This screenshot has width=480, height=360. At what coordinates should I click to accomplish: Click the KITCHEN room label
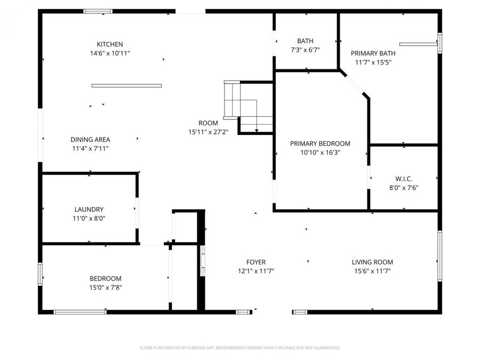pyautogui.click(x=110, y=44)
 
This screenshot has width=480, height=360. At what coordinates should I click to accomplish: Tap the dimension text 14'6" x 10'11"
pyautogui.click(x=110, y=53)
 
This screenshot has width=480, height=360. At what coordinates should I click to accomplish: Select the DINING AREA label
pyautogui.click(x=90, y=140)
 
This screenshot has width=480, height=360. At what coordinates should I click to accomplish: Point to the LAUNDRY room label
pyautogui.click(x=89, y=210)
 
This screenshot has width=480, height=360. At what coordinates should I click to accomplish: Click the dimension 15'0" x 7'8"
pyautogui.click(x=105, y=287)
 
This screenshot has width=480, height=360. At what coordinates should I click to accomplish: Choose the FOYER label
pyautogui.click(x=256, y=262)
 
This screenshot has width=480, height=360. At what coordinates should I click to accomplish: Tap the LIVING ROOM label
pyautogui.click(x=372, y=262)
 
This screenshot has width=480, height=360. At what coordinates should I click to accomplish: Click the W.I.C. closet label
pyautogui.click(x=404, y=178)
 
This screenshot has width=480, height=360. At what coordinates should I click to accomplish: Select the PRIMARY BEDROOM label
pyautogui.click(x=320, y=143)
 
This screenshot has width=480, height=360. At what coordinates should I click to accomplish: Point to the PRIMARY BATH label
pyautogui.click(x=373, y=53)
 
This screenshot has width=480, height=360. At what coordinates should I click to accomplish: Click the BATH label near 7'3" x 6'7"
pyautogui.click(x=306, y=41)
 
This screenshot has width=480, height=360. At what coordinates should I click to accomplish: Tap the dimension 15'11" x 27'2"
pyautogui.click(x=208, y=132)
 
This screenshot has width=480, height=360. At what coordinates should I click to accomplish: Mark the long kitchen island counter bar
pyautogui.click(x=126, y=85)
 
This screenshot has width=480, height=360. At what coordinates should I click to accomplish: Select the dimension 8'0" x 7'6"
pyautogui.click(x=404, y=187)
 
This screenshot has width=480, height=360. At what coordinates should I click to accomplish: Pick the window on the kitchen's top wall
pyautogui.click(x=98, y=11)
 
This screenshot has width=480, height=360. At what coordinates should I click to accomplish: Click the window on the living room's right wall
pyautogui.click(x=439, y=255)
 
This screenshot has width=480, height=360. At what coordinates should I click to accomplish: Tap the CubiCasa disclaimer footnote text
pyautogui.click(x=239, y=348)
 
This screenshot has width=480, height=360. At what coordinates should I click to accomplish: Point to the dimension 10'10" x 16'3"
pyautogui.click(x=320, y=153)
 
